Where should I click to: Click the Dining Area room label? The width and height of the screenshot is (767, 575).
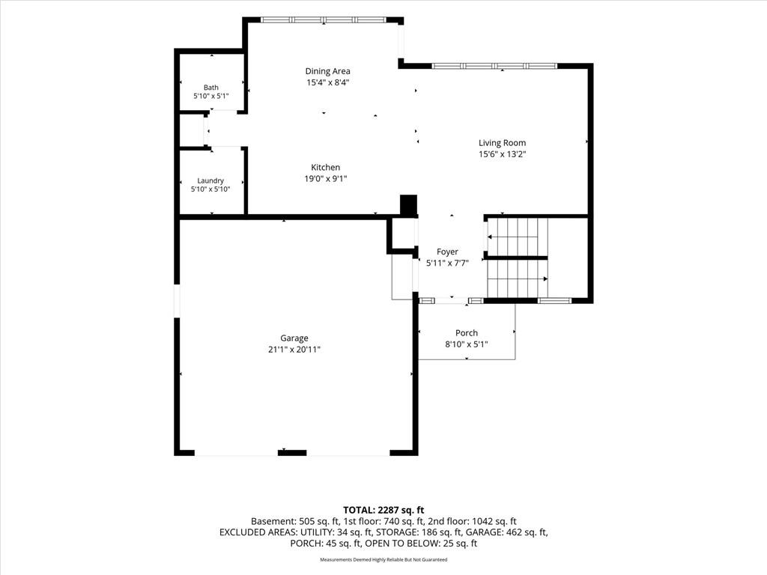point(327,71)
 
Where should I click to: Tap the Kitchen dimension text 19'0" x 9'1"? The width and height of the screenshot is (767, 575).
point(325,179)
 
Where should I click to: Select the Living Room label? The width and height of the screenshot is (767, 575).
point(502,143)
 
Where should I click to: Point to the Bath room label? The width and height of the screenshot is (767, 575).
point(210,88)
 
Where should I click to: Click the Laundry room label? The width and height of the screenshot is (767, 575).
point(210,181)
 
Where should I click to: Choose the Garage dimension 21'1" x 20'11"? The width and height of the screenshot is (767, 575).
point(294,350)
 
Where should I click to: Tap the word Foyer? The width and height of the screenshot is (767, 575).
point(447,252)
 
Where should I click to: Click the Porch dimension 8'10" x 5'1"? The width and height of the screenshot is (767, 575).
point(466,344)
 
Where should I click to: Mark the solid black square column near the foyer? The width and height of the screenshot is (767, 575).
point(408,205)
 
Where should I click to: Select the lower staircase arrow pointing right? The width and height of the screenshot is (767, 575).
point(518,279)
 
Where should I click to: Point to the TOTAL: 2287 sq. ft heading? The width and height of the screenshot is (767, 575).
point(383,511)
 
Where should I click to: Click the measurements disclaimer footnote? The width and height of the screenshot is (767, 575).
point(383,559)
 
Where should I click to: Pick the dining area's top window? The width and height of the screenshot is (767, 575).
point(324,20)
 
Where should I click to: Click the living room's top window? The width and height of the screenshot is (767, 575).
point(494,66)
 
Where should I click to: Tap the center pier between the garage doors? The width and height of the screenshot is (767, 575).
point(292,453)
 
